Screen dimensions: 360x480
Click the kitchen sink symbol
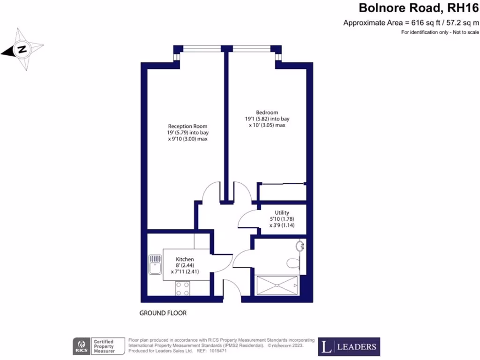[155, 264]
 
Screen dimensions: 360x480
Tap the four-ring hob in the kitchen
[182, 288]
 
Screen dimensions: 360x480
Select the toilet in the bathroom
[292, 262]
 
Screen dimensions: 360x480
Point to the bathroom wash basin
[300, 245]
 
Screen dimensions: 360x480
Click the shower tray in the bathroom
[277, 285]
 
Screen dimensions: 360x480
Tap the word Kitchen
[185, 259]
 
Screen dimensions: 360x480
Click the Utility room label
[281, 212]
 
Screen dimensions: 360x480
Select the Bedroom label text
[267, 112]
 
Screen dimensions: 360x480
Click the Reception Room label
[187, 127]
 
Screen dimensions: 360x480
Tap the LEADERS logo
[349, 347]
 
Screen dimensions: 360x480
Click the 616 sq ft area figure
[420, 22]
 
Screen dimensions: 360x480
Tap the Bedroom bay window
[252, 48]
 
